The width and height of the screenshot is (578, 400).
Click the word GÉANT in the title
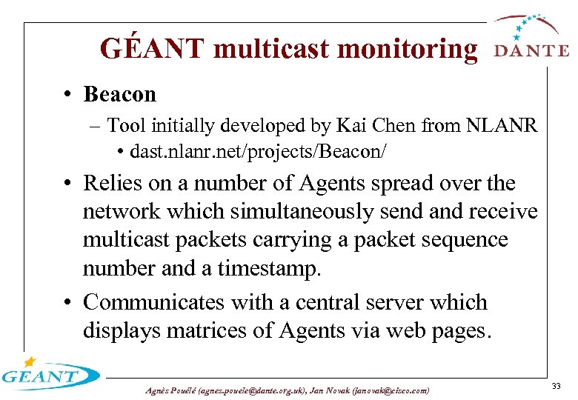(x=152, y=49)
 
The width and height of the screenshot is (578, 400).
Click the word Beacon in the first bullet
(x=120, y=95)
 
